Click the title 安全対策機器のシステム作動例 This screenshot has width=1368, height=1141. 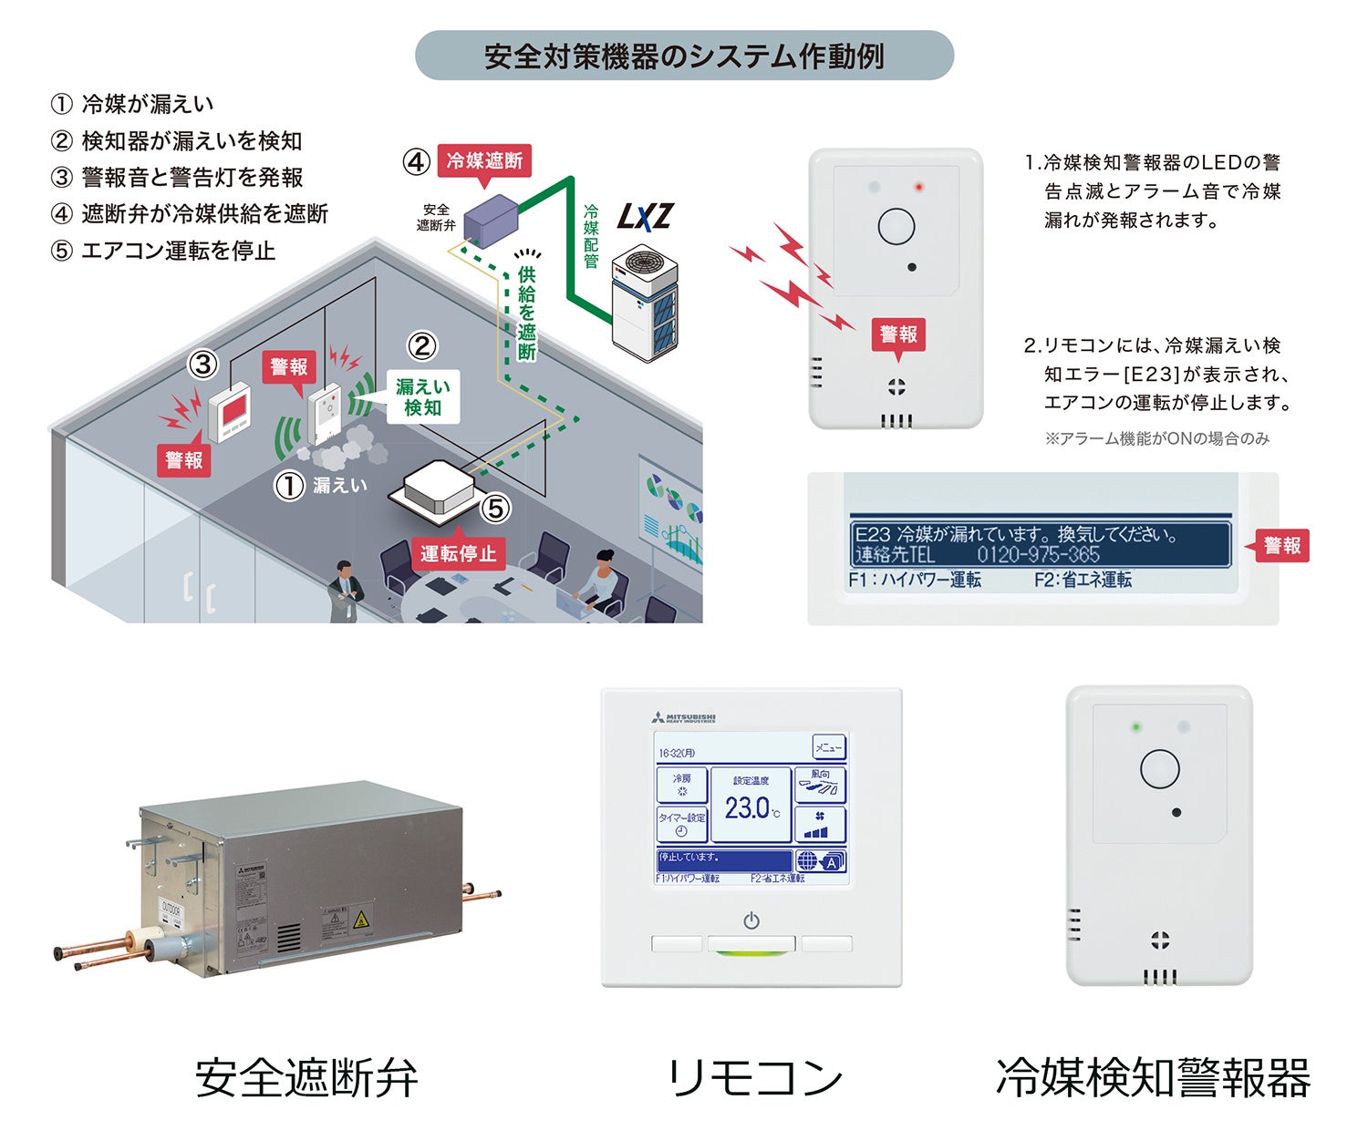(684, 57)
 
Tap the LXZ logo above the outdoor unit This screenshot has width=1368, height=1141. (645, 217)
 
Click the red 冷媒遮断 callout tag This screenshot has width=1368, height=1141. (484, 161)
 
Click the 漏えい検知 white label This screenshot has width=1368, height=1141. (422, 397)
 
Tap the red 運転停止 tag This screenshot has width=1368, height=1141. (458, 553)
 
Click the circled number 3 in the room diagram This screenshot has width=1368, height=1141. (202, 365)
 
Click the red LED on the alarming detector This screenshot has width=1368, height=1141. (918, 188)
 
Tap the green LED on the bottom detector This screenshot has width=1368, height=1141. (1135, 727)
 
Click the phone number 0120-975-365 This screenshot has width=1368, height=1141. (1038, 554)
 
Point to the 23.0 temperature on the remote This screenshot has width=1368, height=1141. (749, 807)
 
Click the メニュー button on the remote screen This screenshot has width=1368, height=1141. (828, 748)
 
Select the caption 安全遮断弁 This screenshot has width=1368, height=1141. (306, 1078)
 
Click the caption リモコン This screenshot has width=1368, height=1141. (754, 1078)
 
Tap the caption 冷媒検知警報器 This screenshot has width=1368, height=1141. (1153, 1078)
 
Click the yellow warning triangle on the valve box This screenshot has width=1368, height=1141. (361, 919)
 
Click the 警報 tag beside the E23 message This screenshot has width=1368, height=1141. (1281, 545)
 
